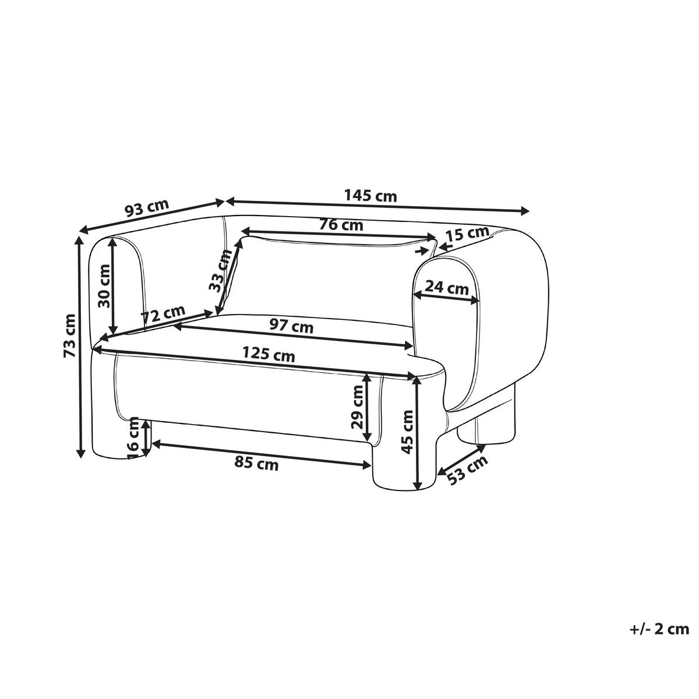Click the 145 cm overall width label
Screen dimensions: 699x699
[x=370, y=196]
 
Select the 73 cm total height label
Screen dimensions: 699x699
[x=70, y=336]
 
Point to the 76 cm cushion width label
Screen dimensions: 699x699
[x=341, y=225]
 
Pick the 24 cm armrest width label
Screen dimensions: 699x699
[x=447, y=288]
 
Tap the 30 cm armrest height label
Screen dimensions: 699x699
[x=104, y=286]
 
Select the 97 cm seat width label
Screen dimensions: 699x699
[x=291, y=326]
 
